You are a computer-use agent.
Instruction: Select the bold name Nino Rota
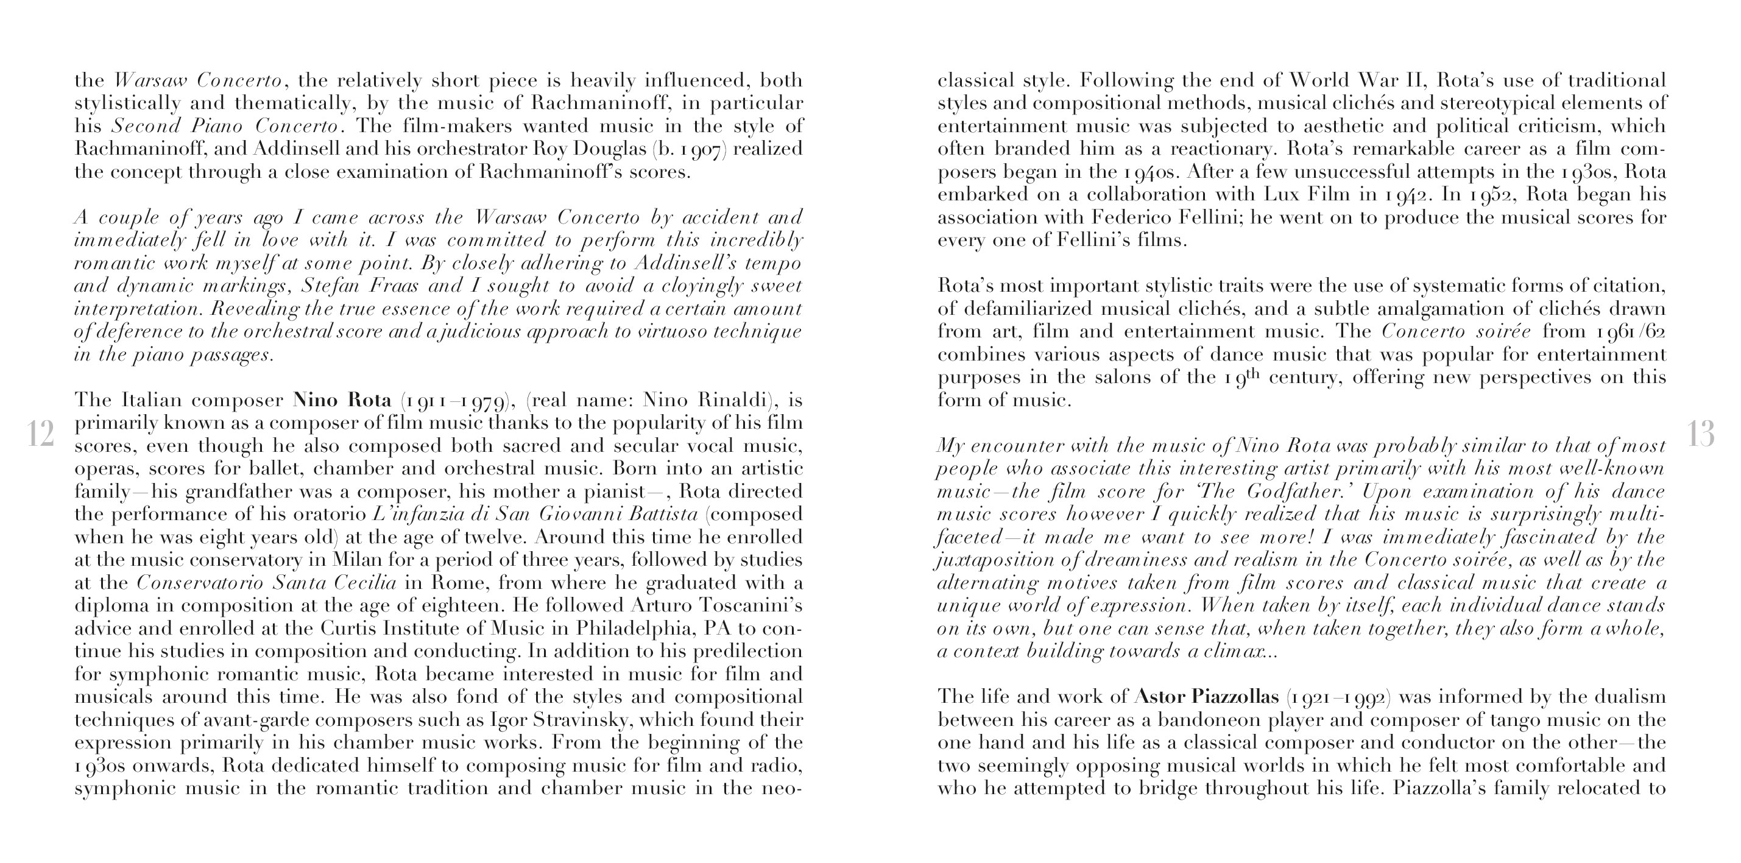[x=342, y=400]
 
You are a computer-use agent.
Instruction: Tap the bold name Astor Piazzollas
[x=1206, y=697]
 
